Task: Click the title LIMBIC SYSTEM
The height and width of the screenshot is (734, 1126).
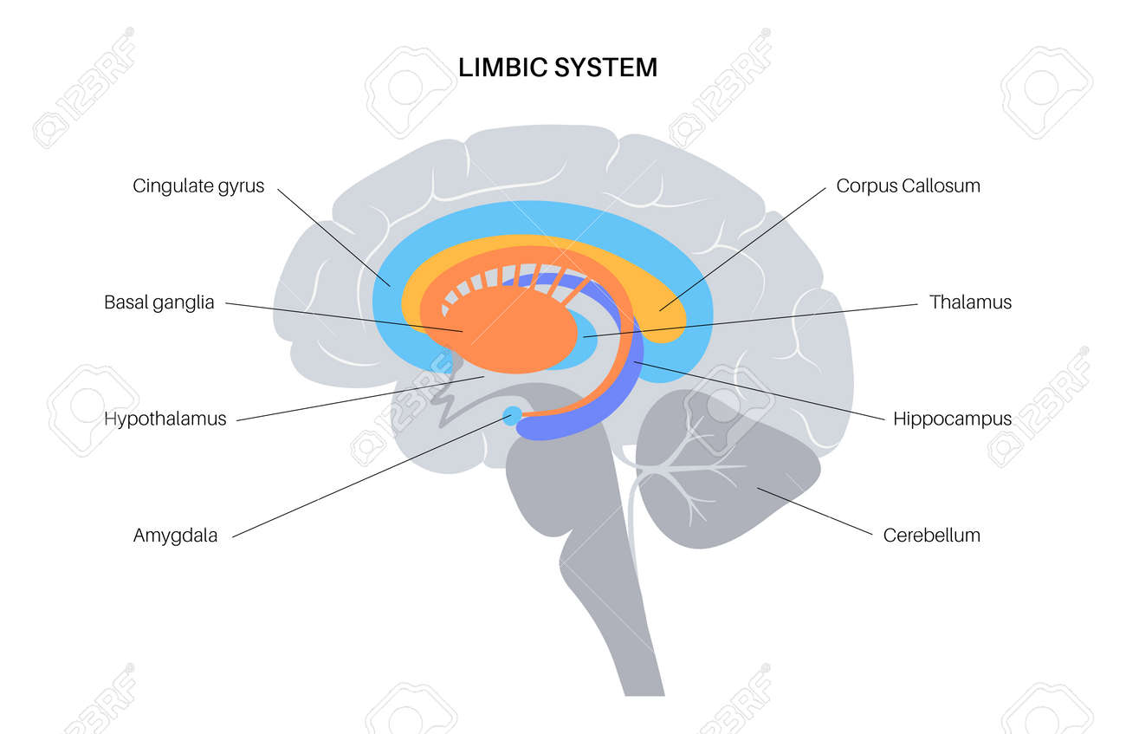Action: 558,68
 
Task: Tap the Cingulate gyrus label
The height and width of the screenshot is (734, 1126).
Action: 198,186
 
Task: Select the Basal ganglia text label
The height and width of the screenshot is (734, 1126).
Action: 159,302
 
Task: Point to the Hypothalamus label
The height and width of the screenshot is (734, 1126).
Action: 165,419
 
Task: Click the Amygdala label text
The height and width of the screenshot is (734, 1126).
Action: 176,536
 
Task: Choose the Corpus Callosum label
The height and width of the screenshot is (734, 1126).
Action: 909,186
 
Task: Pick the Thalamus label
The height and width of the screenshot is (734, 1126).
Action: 970,302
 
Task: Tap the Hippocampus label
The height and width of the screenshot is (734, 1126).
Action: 953,419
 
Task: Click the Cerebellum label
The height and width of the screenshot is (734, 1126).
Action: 932,536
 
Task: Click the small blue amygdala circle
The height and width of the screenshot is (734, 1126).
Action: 512,416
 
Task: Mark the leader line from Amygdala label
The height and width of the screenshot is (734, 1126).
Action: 372,477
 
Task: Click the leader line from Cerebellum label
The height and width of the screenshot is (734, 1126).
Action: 815,511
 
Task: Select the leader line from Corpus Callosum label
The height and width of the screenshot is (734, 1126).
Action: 742,250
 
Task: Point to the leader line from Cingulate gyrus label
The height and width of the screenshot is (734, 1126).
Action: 333,237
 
